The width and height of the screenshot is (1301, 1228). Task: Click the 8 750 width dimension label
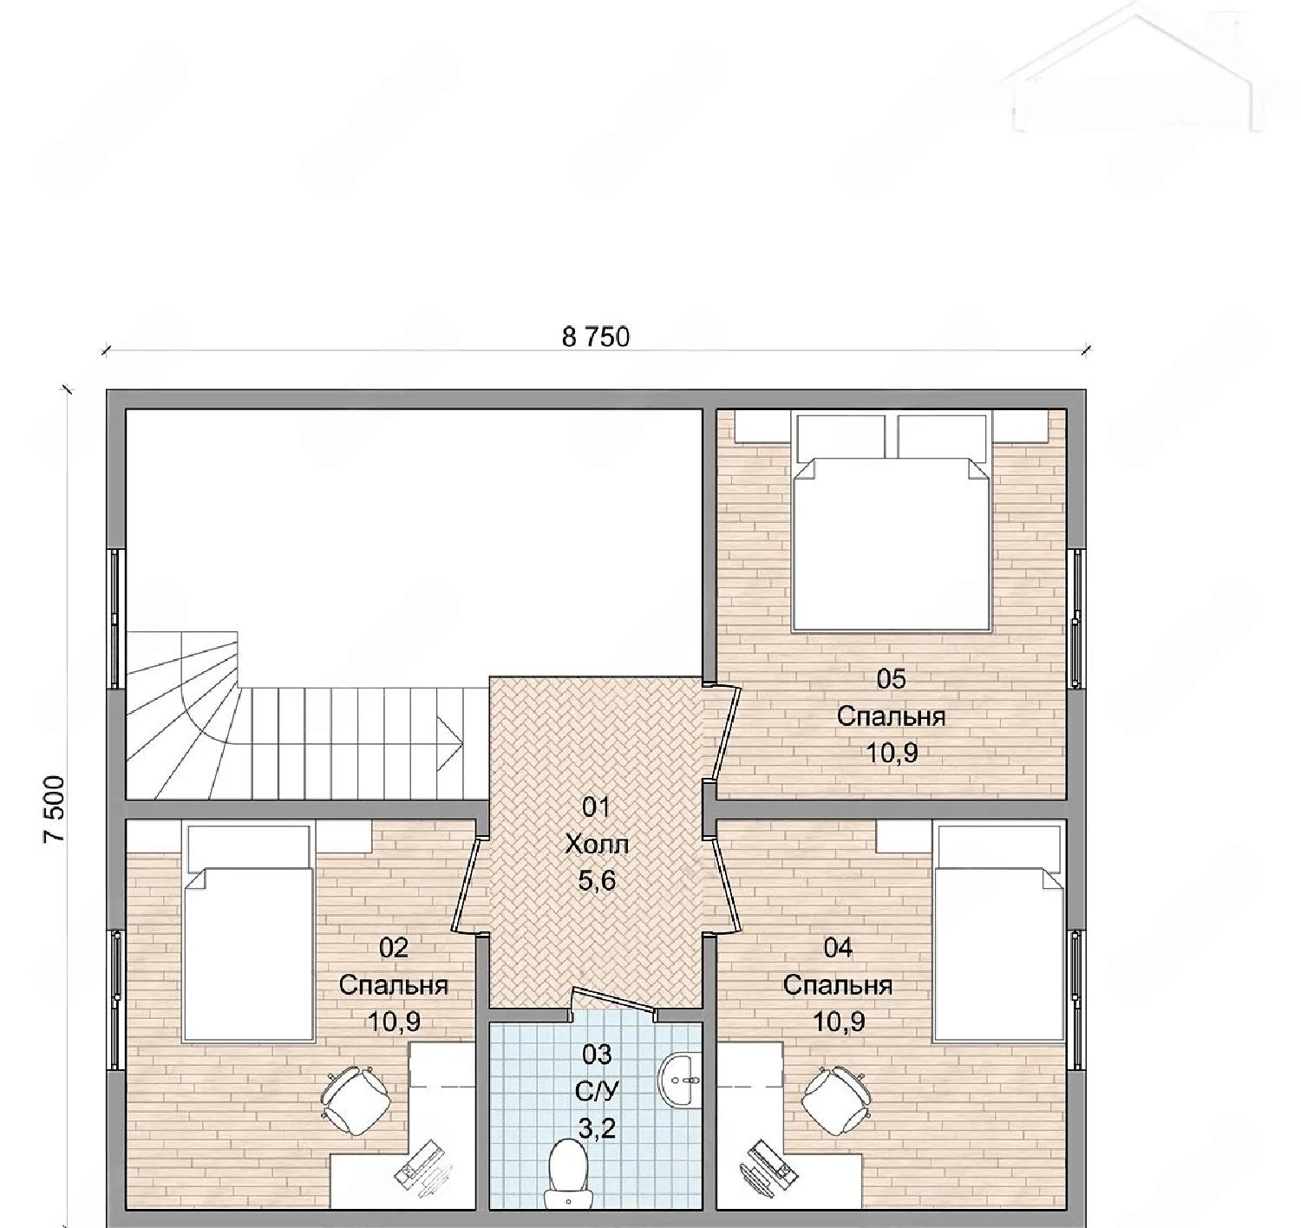596,336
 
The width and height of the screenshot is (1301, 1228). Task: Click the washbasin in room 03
678,1079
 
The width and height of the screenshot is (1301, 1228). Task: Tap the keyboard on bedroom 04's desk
768,1172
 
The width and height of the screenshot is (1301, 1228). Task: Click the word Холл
597,845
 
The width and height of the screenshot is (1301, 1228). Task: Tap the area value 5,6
597,881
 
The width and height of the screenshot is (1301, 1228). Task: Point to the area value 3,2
597,1128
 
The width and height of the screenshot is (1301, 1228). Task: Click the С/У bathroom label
597,1091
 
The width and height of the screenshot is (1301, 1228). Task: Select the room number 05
891,680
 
